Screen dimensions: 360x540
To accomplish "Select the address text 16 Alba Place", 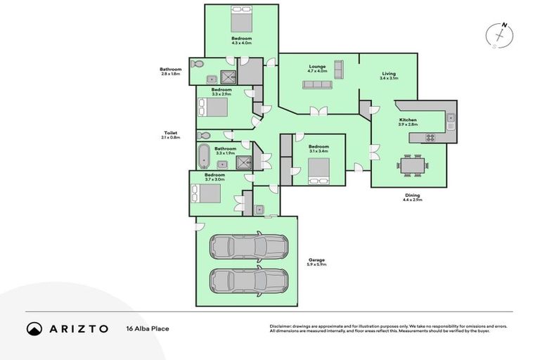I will click(x=148, y=328).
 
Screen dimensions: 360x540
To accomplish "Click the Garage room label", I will click(x=316, y=262).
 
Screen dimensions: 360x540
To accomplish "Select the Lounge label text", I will click(x=317, y=66).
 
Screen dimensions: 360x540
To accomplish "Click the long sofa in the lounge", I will click(x=317, y=85).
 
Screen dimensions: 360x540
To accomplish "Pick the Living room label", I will click(x=389, y=74).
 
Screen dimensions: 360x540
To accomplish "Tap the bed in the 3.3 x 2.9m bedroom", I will click(x=212, y=108).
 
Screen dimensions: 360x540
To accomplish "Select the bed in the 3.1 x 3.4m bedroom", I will click(x=319, y=170).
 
